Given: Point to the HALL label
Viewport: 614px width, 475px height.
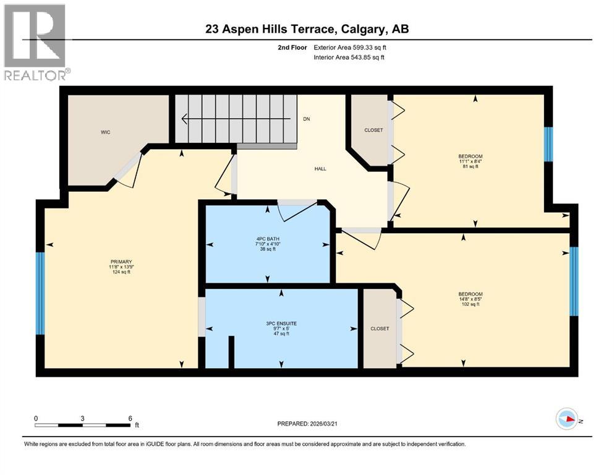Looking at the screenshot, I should coord(320,169).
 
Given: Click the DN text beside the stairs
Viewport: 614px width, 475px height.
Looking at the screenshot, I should coord(306,119).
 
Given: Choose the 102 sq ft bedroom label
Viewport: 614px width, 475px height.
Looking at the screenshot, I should coord(471,299).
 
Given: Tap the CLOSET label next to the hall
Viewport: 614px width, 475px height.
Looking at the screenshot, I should coord(373,130).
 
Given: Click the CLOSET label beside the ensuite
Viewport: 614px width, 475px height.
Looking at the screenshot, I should coord(380,328).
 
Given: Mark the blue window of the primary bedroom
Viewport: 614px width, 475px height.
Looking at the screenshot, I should coord(40,293).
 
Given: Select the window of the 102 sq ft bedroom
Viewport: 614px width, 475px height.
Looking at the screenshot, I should coord(573,281).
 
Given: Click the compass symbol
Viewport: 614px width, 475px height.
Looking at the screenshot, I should coord(566,419).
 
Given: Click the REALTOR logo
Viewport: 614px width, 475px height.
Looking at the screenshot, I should coord(36,42).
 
